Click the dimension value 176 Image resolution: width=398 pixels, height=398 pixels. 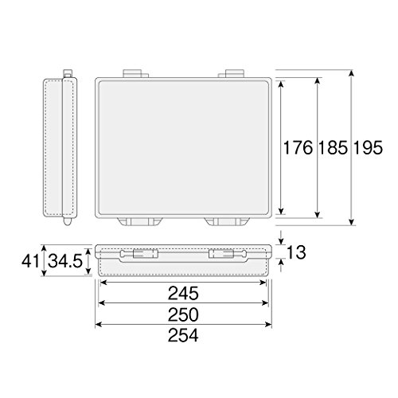(298, 148)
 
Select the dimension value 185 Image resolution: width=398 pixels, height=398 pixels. (333, 148)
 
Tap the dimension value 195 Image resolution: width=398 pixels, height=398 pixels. (368, 148)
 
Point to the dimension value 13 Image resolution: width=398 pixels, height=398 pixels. (296, 252)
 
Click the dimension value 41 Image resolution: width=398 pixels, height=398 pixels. (30, 261)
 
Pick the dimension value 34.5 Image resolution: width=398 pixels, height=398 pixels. (65, 261)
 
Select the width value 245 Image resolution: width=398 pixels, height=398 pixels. (183, 293)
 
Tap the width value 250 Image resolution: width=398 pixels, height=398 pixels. (183, 314)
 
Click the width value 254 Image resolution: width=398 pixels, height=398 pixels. (183, 335)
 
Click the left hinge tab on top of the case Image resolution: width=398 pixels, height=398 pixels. (135, 73)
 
